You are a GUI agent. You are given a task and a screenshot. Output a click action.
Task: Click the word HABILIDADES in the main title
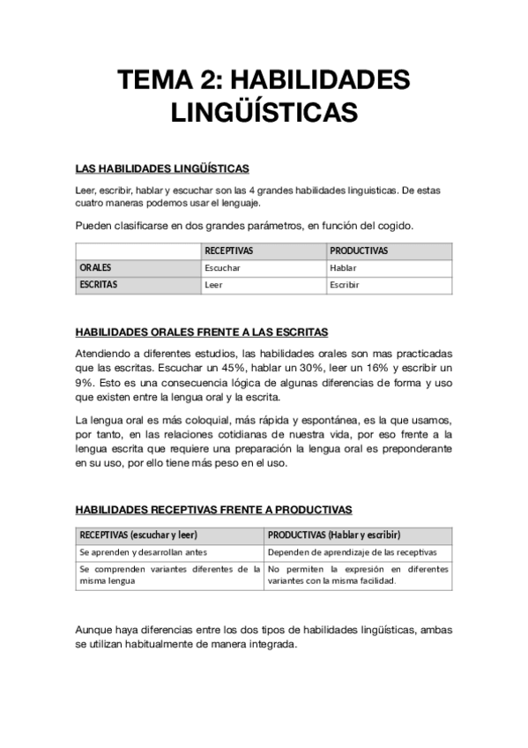(x=320, y=80)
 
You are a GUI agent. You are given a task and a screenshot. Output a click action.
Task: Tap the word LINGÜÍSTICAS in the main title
(x=264, y=114)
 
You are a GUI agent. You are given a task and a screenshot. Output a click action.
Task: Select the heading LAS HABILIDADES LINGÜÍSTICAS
(x=162, y=168)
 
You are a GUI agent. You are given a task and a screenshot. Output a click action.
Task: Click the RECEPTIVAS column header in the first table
(x=228, y=251)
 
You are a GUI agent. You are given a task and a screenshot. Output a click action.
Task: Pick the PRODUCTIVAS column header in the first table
(x=359, y=251)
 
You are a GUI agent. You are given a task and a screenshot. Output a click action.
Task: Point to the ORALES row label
(x=95, y=267)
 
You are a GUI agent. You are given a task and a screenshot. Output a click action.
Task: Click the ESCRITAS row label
(x=99, y=285)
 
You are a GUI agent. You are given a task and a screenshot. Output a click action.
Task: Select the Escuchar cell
(x=222, y=267)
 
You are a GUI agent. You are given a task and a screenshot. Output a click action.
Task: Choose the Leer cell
(x=212, y=285)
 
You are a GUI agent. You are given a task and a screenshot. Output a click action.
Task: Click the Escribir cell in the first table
(x=345, y=285)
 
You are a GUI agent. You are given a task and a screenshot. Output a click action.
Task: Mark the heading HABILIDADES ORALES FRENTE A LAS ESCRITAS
(x=202, y=333)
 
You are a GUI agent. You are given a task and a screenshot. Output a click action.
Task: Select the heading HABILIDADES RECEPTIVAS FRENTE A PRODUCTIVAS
(x=213, y=510)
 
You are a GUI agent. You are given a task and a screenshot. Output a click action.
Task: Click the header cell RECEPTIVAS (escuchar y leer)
(x=138, y=535)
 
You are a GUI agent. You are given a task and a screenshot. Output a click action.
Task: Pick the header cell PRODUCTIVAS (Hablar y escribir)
(x=334, y=535)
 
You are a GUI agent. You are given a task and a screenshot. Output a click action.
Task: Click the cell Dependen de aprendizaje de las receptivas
(x=353, y=552)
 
